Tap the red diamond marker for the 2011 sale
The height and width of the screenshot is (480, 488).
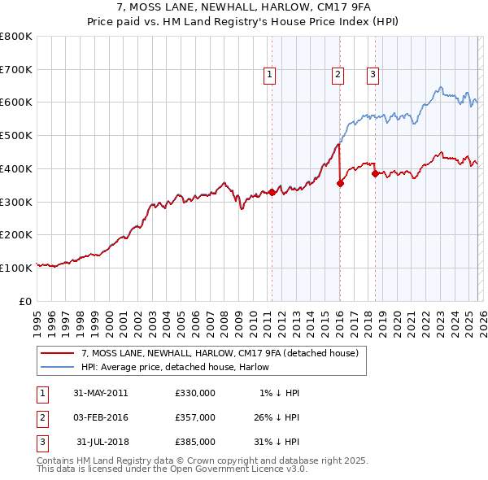click(x=272, y=192)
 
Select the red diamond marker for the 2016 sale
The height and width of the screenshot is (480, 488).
click(x=340, y=183)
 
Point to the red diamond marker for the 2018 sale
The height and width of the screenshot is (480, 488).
click(x=375, y=173)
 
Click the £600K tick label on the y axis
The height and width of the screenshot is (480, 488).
click(x=15, y=103)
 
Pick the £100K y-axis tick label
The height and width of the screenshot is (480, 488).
click(x=15, y=268)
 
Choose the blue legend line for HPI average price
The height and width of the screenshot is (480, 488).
click(x=58, y=368)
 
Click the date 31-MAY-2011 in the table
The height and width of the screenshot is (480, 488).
click(x=100, y=393)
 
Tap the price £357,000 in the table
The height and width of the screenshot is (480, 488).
click(x=194, y=417)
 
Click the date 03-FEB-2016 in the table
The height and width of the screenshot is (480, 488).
click(x=100, y=417)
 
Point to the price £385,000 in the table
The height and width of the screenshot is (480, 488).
click(x=194, y=442)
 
